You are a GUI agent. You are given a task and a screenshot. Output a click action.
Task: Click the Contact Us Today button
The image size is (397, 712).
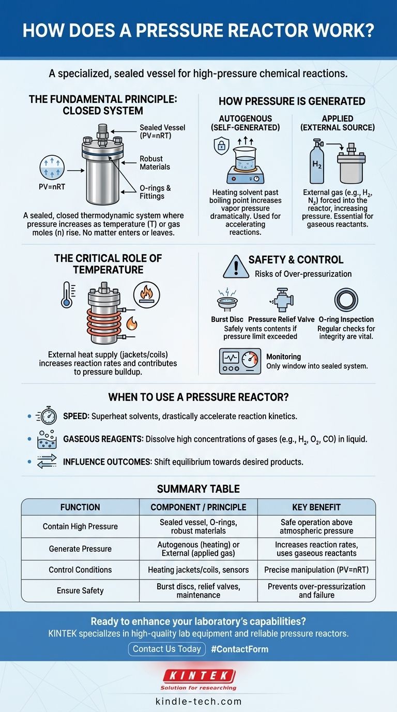[166, 649]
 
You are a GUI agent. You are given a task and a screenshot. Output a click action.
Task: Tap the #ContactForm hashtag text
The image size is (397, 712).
[239, 649]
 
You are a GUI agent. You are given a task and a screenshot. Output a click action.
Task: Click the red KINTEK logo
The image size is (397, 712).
[198, 676]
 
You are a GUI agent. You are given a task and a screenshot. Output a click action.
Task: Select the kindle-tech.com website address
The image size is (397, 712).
[198, 702]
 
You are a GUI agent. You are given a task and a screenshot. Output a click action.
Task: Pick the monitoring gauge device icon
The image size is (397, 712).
[240, 360]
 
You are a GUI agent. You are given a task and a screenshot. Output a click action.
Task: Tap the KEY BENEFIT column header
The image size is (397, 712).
[316, 507]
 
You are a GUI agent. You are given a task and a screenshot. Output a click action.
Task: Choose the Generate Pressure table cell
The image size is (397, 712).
[80, 548]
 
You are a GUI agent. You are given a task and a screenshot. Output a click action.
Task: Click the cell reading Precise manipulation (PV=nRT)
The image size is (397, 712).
[316, 570]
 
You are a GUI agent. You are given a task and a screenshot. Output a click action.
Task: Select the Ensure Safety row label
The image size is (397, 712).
[80, 590]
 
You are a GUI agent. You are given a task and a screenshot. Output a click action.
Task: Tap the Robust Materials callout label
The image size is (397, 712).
[151, 162]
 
